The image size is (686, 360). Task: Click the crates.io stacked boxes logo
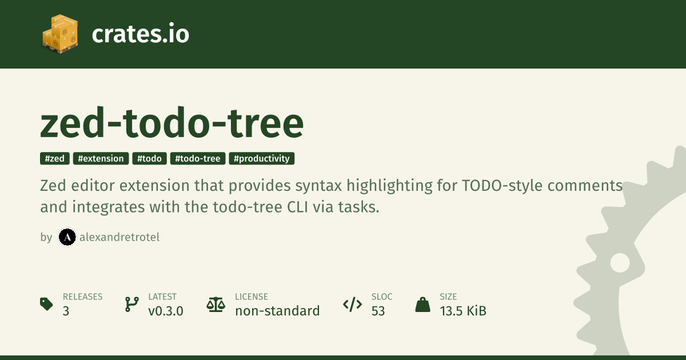point(60,34)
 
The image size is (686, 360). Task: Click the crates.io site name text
point(140,34)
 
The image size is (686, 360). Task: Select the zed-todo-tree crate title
point(172,123)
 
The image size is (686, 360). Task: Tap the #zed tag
point(55,159)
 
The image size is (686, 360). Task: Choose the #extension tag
point(101,159)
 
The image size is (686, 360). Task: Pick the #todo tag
point(149,159)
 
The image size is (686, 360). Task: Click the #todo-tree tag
point(198,159)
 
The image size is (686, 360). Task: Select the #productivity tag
point(262,159)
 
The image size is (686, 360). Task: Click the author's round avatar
point(67,237)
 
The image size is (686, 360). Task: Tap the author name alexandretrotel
point(119,237)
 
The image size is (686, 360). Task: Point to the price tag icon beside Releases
point(46,304)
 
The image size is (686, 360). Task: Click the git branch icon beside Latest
point(132,304)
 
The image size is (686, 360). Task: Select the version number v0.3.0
point(166,311)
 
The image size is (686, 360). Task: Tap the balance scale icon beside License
point(216,305)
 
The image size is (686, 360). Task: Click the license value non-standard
point(277,311)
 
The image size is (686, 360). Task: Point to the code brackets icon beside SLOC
point(353,304)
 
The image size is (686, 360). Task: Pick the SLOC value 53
point(378,311)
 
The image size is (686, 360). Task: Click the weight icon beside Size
point(422,305)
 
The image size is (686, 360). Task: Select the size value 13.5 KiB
point(463,311)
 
